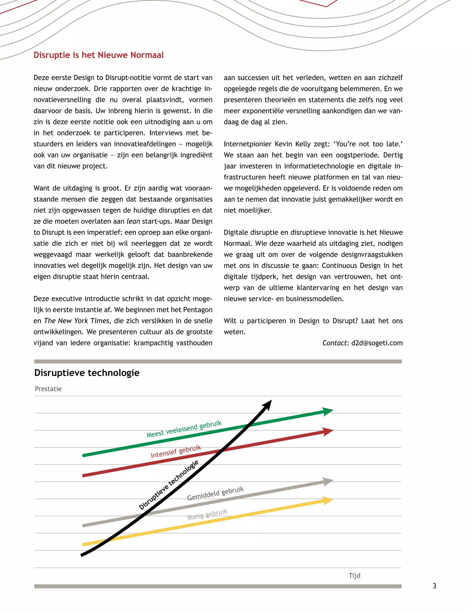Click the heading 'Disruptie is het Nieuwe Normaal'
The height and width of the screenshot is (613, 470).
coord(98,55)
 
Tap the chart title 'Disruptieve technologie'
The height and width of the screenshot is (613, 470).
coord(87,373)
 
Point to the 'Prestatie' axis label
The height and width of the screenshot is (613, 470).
coord(48,389)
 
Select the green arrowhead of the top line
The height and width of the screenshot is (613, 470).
coord(328,411)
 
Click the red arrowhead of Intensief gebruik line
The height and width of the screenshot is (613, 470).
coord(328,432)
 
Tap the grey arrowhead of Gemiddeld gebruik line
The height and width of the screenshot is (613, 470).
coord(328,482)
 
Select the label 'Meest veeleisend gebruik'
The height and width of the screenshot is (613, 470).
coord(184,429)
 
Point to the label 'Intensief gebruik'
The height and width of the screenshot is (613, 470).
coord(176,451)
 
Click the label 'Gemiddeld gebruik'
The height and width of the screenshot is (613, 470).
coord(215,493)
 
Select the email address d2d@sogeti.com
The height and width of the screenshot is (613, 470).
coord(377,343)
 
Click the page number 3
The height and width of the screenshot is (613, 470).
coord(434,586)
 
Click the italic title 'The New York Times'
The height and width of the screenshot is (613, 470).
coord(77,321)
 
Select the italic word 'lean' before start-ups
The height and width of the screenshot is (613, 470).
coord(133,221)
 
